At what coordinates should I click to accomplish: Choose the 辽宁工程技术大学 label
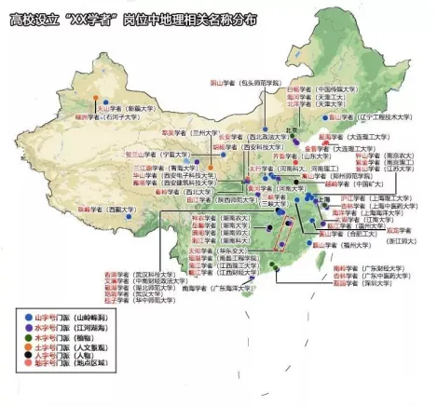[x=383, y=118]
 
